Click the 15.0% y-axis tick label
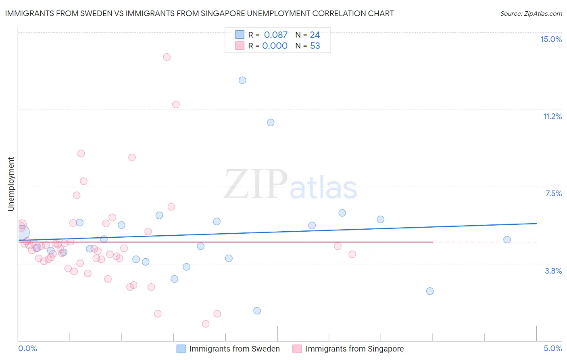click(551, 39)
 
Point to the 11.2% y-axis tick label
click(552, 116)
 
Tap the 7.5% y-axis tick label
click(553, 193)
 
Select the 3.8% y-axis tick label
click(553, 271)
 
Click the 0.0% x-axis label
click(27, 348)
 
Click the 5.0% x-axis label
click(552, 348)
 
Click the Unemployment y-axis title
click(11, 184)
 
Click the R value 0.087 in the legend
click(275, 35)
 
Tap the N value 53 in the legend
click(315, 46)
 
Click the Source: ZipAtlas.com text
click(531, 13)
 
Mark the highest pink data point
click(167, 57)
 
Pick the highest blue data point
click(242, 80)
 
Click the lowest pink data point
click(206, 324)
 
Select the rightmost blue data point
click(507, 240)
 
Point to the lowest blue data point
click(257, 311)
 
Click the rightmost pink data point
click(352, 254)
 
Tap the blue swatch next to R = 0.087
click(240, 35)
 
